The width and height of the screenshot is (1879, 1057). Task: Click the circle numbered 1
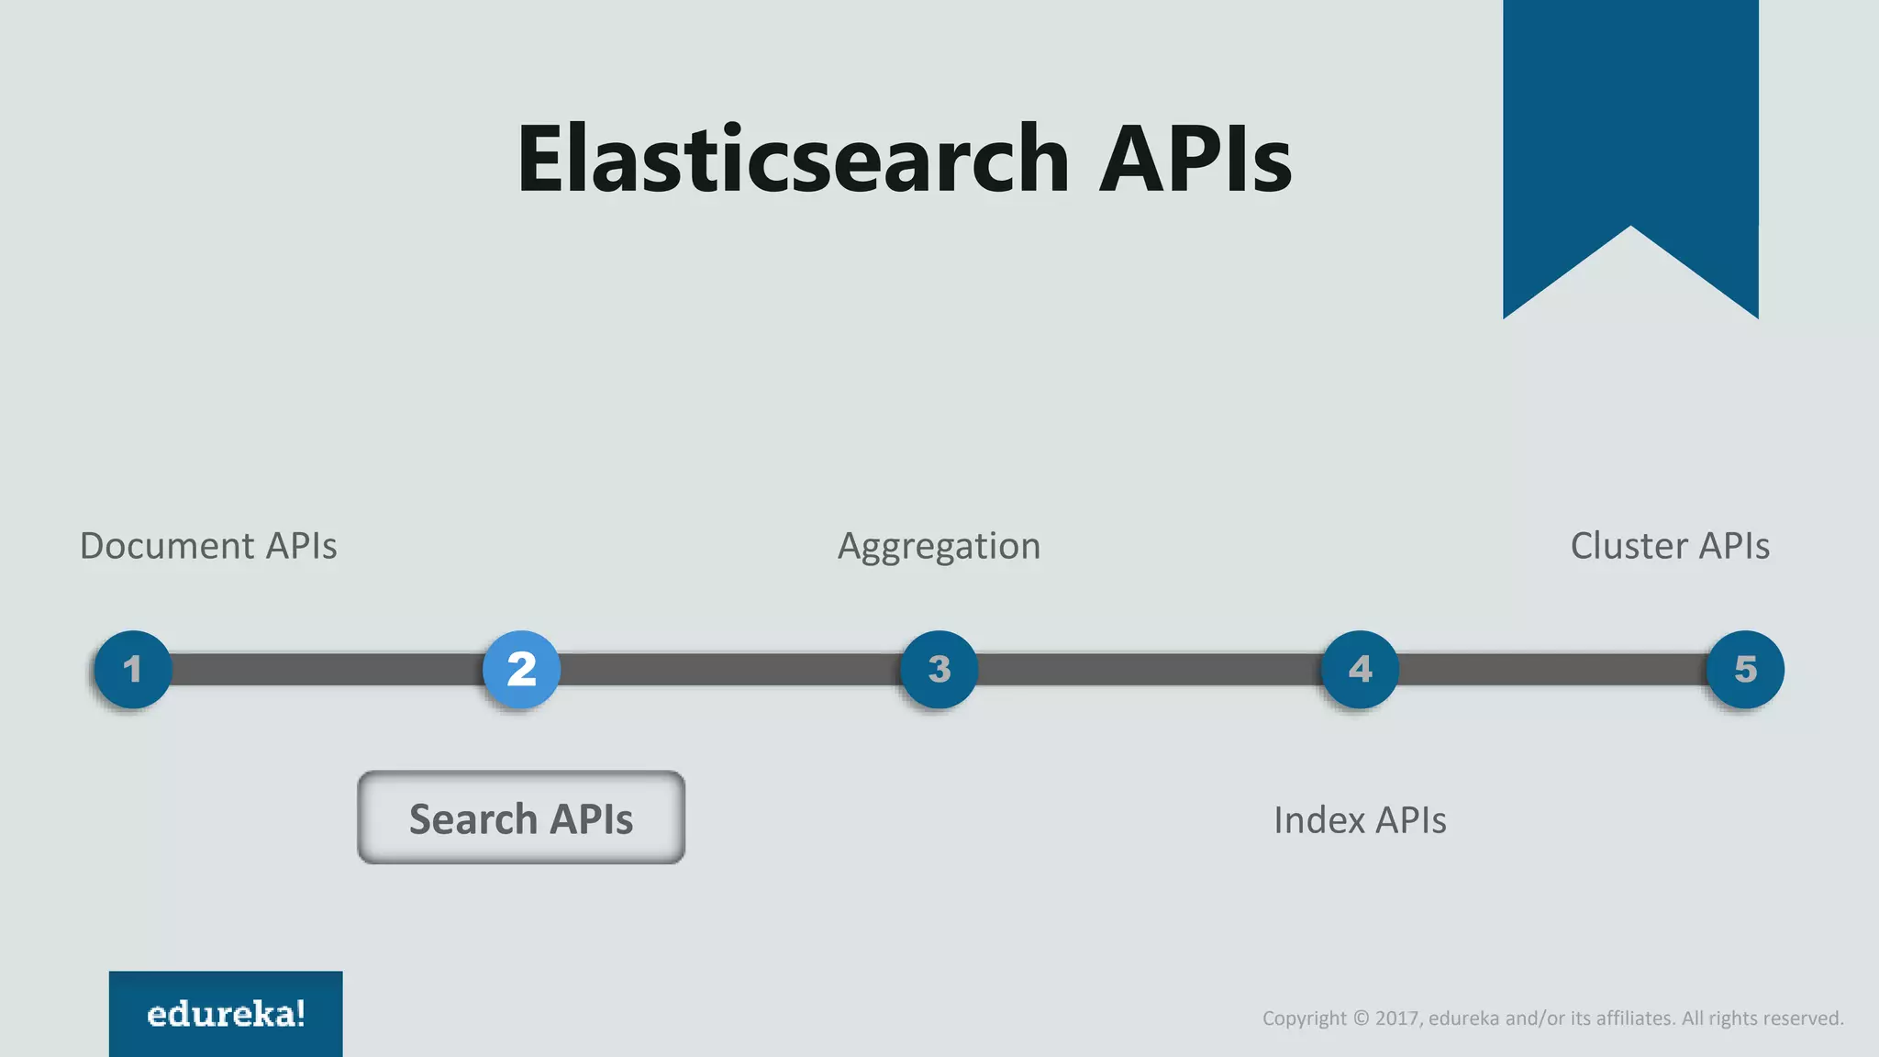tap(133, 669)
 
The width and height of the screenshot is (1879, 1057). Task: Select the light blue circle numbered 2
tap(521, 669)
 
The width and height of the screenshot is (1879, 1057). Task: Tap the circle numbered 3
tap(939, 669)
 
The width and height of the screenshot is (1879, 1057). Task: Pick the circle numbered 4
tap(1360, 669)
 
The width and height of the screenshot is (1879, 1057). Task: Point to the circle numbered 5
tap(1745, 669)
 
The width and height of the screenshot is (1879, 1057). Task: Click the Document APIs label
tap(208, 546)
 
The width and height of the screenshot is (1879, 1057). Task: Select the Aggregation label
tap(939, 547)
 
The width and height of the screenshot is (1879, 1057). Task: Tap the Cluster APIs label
tap(1669, 546)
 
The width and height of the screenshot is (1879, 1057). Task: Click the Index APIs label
tap(1360, 820)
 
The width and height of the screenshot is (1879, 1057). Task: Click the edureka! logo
tap(226, 1014)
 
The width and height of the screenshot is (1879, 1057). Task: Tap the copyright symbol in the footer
tap(1361, 1018)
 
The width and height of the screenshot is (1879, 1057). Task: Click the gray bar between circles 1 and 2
tap(327, 669)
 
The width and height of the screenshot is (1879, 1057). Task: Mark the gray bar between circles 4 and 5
tap(1552, 669)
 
